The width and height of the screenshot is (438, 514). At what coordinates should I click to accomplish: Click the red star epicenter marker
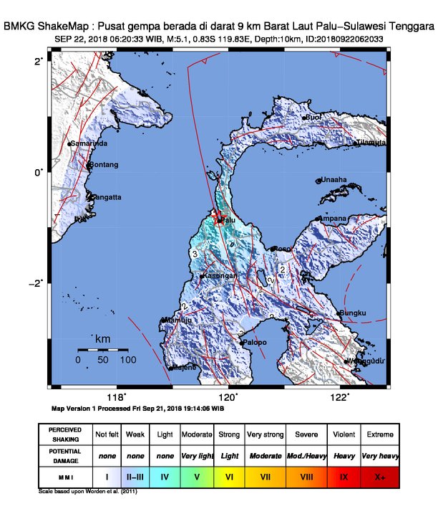pos(220,219)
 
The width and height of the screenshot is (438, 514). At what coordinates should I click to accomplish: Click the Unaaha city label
pos(334,180)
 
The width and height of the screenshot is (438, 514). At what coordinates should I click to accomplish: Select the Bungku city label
pos(354,313)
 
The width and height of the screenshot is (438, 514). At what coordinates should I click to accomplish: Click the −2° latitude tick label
pos(36,282)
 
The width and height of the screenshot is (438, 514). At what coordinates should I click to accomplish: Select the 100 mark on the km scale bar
pos(129,360)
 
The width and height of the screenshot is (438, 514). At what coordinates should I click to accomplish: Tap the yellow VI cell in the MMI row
pos(228,475)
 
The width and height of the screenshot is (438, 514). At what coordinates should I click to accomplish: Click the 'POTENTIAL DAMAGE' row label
pos(64,455)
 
